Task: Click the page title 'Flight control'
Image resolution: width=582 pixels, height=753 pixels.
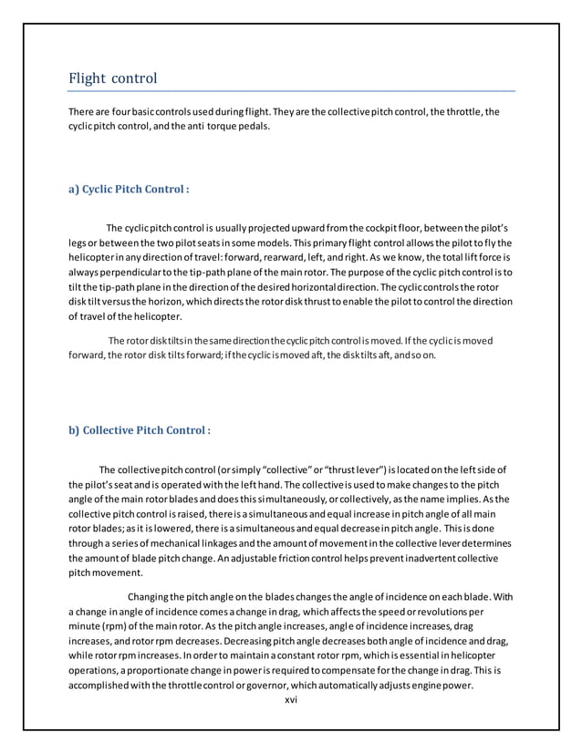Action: pos(113,78)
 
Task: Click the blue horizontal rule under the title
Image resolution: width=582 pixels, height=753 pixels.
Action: pos(292,91)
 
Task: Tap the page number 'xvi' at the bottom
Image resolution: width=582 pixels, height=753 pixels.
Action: pos(292,699)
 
